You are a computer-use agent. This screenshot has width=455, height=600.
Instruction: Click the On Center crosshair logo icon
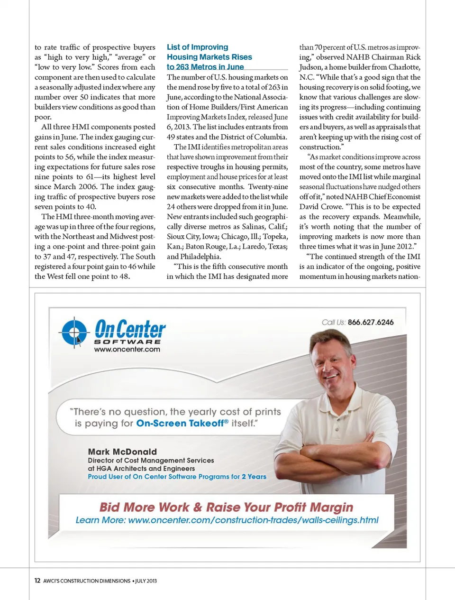click(74, 332)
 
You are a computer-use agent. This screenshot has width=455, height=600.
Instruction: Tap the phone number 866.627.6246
click(370, 322)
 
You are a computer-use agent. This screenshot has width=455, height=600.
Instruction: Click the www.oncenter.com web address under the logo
click(127, 350)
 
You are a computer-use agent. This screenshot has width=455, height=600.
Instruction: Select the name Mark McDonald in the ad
click(122, 452)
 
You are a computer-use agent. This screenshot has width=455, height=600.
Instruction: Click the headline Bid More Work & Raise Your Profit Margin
click(226, 507)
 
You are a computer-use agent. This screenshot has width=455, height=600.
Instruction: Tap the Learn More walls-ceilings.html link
click(227, 520)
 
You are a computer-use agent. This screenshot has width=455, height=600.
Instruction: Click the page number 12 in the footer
click(37, 581)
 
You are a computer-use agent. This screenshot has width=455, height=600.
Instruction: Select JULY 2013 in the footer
click(146, 581)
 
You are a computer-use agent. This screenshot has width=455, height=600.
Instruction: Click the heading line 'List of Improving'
click(197, 47)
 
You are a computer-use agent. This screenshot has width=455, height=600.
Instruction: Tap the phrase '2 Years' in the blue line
click(254, 477)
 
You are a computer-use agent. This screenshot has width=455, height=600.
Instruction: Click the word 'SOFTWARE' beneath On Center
click(127, 342)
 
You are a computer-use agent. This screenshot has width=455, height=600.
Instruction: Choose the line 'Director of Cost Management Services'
click(151, 460)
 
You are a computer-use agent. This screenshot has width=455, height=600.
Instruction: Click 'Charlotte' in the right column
click(404, 67)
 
